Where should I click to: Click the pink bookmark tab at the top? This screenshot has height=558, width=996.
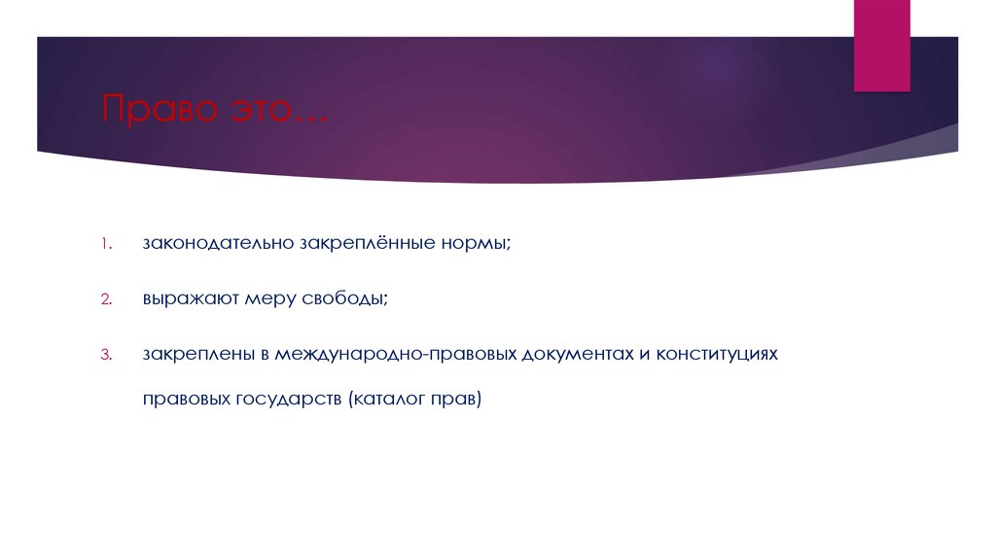pyautogui.click(x=881, y=46)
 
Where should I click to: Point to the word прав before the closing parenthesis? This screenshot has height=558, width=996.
pyautogui.click(x=456, y=399)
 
